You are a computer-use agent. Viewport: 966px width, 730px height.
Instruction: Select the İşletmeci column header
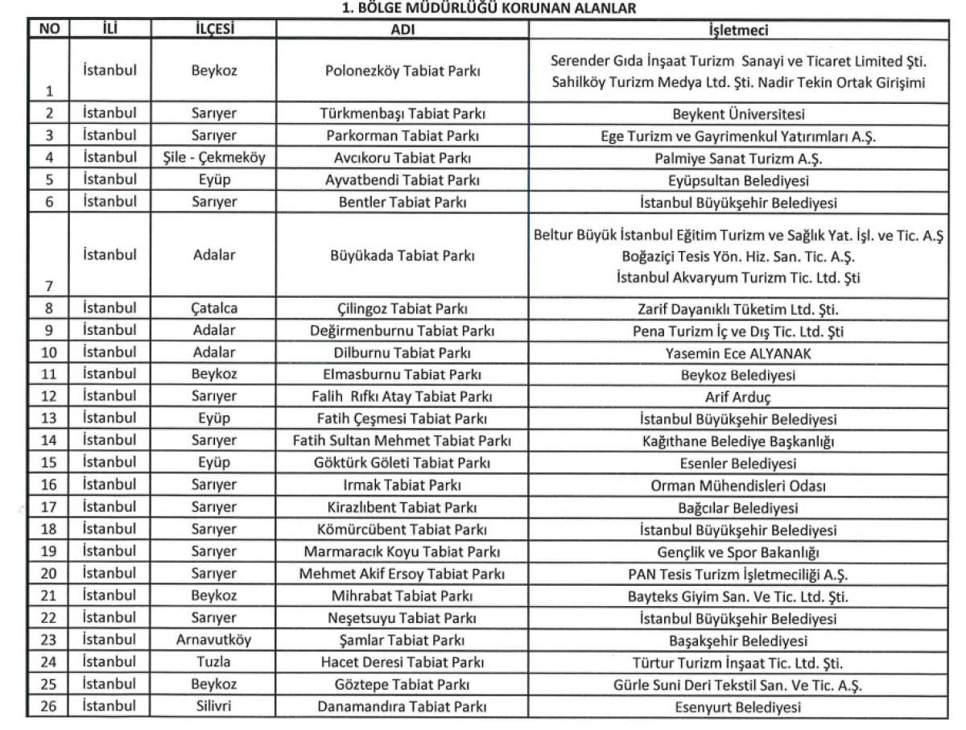[737, 31]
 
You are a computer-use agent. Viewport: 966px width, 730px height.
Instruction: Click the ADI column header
[402, 31]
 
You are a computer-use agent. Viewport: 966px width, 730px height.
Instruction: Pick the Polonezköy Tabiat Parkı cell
[402, 71]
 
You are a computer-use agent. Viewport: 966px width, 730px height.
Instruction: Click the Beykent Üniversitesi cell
[737, 115]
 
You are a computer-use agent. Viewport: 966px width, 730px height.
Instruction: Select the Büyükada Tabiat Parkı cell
[402, 257]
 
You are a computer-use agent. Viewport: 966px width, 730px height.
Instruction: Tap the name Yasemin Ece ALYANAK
[737, 353]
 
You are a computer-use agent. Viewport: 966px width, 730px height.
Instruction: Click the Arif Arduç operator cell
[737, 397]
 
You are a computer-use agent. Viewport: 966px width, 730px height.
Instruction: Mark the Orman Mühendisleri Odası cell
[737, 485]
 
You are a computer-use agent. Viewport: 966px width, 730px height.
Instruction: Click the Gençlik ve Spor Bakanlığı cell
[737, 552]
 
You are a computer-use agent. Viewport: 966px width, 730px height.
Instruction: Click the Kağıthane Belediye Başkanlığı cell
[737, 441]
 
